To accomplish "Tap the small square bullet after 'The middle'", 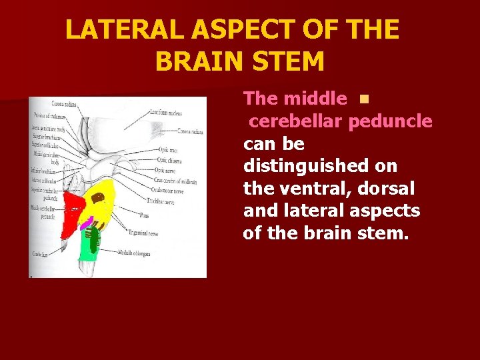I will [x=363, y=99].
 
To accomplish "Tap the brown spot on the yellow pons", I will [x=98, y=199].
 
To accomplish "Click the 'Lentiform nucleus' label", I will [x=167, y=113].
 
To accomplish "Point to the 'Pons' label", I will [x=144, y=215].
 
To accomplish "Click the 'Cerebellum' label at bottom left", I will [x=38, y=255].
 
